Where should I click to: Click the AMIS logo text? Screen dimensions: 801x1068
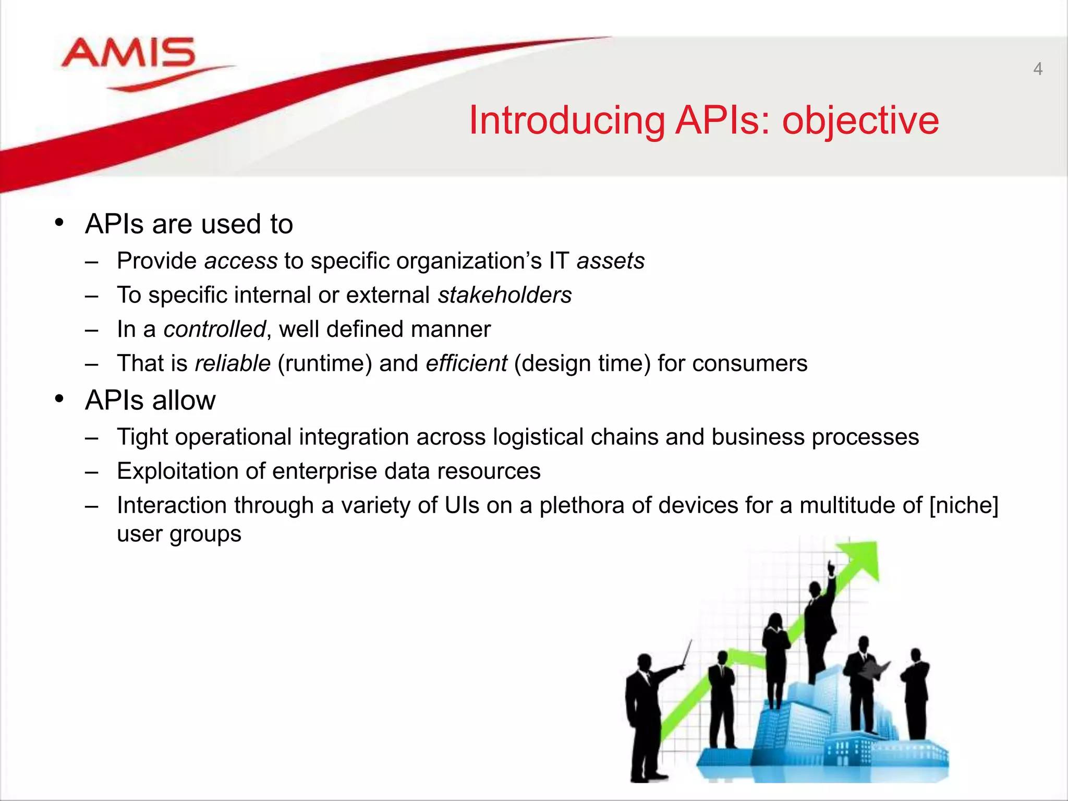pyautogui.click(x=128, y=53)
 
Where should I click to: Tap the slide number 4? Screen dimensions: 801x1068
pyautogui.click(x=1037, y=69)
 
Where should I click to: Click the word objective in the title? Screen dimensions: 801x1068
pyautogui.click(x=860, y=121)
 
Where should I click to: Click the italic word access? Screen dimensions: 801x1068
pyautogui.click(x=241, y=261)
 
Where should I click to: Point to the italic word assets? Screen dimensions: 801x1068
pyautogui.click(x=610, y=261)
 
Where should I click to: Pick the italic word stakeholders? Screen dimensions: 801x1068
pyautogui.click(x=504, y=296)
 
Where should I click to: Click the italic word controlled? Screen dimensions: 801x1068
pyautogui.click(x=214, y=330)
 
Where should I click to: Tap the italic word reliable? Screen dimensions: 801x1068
pyautogui.click(x=233, y=363)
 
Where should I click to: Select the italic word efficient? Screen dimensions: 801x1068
pyautogui.click(x=466, y=363)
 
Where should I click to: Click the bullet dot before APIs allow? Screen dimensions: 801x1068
pyautogui.click(x=59, y=399)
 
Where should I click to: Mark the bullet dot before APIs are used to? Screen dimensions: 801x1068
pyautogui.click(x=59, y=223)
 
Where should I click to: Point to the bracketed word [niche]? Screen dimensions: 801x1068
pyautogui.click(x=963, y=506)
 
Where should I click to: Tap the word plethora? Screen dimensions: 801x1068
pyautogui.click(x=581, y=506)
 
